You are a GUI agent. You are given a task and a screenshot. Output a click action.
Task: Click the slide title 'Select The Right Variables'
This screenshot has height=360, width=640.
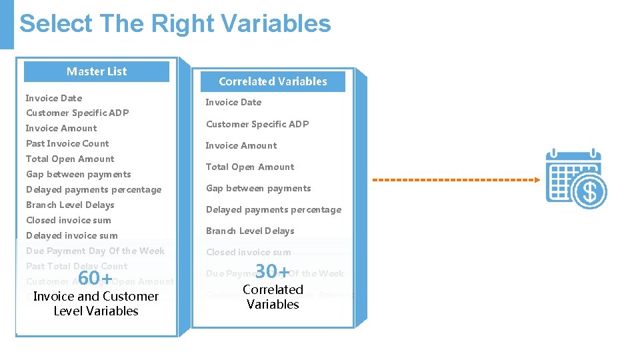[175, 23]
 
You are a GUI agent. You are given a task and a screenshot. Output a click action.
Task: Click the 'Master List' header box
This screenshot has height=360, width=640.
[97, 71]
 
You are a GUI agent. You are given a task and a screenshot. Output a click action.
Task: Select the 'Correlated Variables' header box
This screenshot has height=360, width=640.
[273, 81]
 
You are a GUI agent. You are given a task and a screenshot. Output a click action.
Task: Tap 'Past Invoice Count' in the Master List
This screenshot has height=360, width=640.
[67, 143]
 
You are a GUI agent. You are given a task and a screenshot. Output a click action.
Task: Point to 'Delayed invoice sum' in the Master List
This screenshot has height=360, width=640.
[72, 235]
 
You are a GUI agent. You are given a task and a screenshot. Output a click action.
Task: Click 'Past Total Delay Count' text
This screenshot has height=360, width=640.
[77, 266]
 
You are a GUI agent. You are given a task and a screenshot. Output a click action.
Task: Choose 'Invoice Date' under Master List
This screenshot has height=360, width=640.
[54, 98]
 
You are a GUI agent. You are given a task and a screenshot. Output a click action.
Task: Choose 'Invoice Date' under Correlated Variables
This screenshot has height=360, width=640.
[233, 102]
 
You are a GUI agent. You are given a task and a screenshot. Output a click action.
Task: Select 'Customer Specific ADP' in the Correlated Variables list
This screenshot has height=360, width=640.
[257, 124]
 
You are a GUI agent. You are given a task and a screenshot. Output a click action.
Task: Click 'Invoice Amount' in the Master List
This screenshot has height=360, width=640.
[61, 128]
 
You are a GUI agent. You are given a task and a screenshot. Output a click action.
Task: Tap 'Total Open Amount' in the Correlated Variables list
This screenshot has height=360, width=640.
[250, 167]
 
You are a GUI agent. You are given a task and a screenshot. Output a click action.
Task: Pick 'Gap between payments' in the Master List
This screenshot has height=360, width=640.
[79, 174]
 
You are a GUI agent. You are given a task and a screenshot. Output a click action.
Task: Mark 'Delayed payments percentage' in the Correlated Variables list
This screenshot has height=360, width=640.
[273, 209]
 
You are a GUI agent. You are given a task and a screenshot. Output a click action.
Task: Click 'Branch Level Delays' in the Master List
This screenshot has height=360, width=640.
[70, 205]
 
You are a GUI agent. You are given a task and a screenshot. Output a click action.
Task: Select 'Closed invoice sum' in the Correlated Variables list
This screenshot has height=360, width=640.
[248, 252]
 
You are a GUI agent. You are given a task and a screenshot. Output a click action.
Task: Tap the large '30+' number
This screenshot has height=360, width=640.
[273, 271]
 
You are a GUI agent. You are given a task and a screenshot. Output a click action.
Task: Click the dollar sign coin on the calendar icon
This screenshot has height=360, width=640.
[589, 192]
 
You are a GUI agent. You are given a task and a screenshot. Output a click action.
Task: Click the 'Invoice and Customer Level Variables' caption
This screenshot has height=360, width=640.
[96, 303]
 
